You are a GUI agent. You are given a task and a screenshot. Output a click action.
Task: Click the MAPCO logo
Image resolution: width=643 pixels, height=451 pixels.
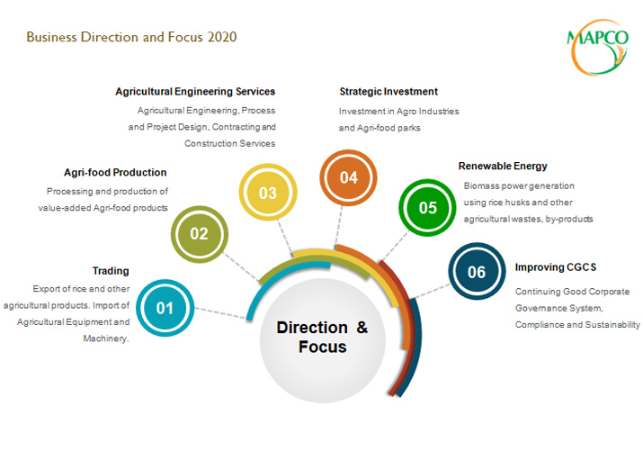click(x=598, y=47)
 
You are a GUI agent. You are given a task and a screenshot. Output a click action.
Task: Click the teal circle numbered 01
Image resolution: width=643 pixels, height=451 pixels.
click(x=165, y=308)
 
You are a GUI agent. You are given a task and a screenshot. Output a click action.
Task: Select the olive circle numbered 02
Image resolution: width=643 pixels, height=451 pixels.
click(x=200, y=234)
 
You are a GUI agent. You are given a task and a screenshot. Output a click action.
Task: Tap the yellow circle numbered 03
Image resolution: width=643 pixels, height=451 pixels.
click(x=268, y=192)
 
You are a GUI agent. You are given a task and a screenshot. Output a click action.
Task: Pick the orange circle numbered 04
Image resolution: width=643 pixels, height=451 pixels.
click(x=349, y=177)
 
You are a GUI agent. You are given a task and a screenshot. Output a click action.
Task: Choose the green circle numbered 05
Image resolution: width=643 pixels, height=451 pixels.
click(x=427, y=208)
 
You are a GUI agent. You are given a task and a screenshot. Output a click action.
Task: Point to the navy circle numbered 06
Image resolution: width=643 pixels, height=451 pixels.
click(x=477, y=271)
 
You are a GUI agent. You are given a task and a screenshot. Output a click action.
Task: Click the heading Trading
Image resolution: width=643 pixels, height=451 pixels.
click(x=111, y=271)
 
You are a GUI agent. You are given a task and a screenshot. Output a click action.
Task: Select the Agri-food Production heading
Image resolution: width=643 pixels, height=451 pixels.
click(x=115, y=172)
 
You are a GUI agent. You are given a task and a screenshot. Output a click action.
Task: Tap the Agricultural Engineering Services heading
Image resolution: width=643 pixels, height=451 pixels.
click(x=195, y=92)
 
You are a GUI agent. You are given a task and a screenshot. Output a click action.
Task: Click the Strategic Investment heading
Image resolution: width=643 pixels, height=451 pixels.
click(x=388, y=92)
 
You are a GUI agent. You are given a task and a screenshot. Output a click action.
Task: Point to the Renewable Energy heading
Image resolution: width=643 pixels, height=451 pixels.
click(x=503, y=167)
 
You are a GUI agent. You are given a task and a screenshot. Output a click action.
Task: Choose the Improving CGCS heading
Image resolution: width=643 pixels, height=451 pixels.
click(x=556, y=267)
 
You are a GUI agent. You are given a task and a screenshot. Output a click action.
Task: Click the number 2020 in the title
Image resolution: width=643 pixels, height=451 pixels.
click(x=222, y=37)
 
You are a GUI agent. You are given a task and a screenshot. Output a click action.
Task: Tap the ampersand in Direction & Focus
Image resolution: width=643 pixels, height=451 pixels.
click(x=362, y=328)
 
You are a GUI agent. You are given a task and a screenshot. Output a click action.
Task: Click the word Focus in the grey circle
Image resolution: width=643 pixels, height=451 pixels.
click(x=323, y=347)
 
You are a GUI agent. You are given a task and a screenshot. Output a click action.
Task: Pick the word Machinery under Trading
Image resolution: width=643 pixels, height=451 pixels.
click(x=106, y=338)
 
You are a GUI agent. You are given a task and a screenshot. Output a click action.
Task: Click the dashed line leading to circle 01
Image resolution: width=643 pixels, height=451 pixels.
click(x=220, y=312)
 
